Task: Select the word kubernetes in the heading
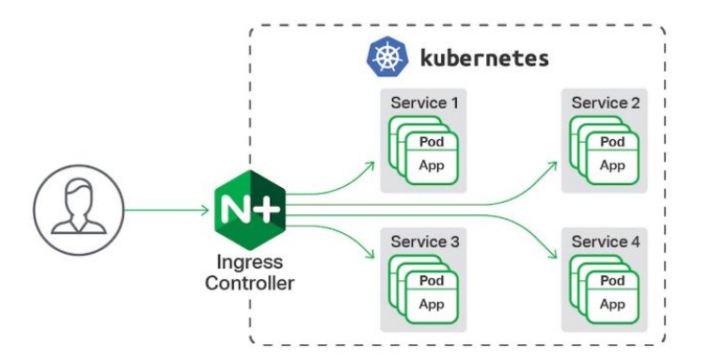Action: coord(481,57)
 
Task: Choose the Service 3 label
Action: coord(426,243)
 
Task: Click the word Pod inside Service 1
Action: coord(433,142)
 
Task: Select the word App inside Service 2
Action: coord(612,165)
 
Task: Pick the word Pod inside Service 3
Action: coord(433,282)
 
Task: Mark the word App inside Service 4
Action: coord(612,305)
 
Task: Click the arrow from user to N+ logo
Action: coord(165,208)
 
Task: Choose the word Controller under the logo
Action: coord(247,283)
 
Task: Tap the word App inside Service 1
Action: coord(433,165)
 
